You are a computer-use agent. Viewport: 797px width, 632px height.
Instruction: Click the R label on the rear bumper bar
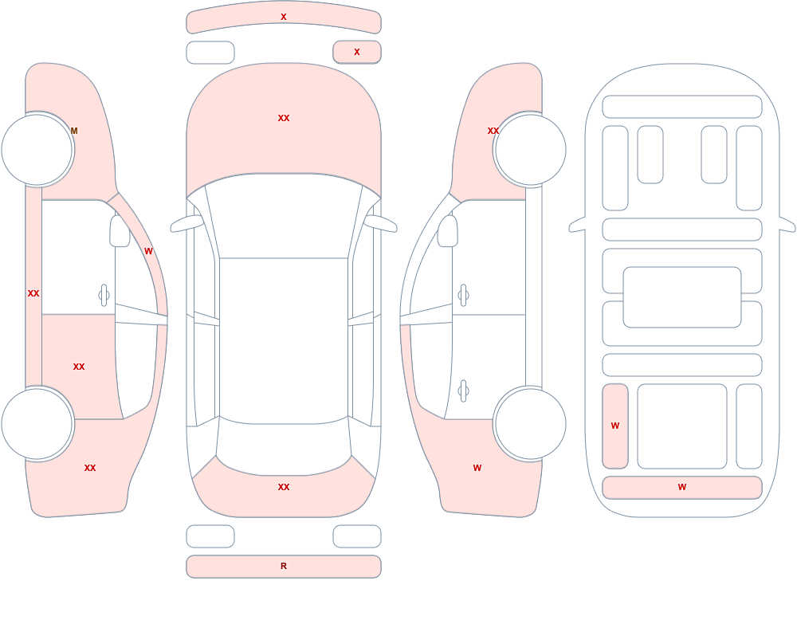click(x=284, y=566)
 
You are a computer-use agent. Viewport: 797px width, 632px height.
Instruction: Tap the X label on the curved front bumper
click(x=284, y=17)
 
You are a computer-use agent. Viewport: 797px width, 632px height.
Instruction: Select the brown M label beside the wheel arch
click(x=74, y=131)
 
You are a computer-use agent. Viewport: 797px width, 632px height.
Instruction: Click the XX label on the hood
click(x=284, y=118)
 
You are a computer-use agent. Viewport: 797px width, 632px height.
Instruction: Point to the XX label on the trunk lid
click(x=284, y=487)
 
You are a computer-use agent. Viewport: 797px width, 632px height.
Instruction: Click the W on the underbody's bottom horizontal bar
click(x=682, y=487)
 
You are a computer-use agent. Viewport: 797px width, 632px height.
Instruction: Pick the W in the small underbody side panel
click(x=615, y=426)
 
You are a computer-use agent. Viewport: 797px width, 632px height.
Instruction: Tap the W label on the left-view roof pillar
click(x=148, y=251)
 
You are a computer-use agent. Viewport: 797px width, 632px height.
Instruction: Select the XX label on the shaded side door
click(x=79, y=367)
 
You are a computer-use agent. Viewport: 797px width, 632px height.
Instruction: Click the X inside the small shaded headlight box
click(x=357, y=52)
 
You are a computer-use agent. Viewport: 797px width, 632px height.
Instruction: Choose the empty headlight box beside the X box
click(x=210, y=53)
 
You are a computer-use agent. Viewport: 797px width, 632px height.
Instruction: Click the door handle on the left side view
click(x=104, y=296)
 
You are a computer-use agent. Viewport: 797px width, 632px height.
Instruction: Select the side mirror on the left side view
click(x=120, y=231)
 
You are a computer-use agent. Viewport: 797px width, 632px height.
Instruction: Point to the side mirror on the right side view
click(x=448, y=231)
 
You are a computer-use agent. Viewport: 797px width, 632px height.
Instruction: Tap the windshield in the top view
click(x=284, y=216)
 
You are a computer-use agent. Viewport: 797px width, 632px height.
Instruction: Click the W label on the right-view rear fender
click(x=477, y=468)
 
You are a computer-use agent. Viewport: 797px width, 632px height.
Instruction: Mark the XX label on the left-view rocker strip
click(x=33, y=293)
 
